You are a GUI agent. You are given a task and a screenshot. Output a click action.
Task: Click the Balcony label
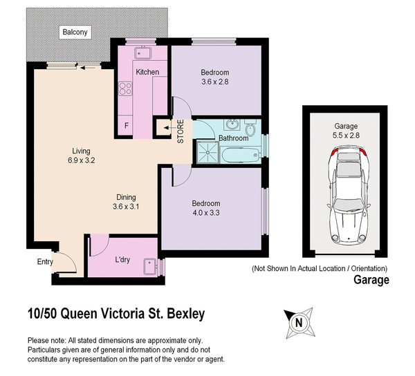pyautogui.click(x=73, y=31)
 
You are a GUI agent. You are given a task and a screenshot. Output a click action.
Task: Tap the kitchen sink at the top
pyautogui.click(x=145, y=53)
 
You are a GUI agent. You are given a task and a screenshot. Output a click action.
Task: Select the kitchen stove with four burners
pyautogui.click(x=126, y=88)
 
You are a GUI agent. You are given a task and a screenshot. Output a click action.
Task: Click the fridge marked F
pyautogui.click(x=126, y=126)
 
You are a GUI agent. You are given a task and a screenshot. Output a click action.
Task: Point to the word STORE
pyautogui.click(x=181, y=132)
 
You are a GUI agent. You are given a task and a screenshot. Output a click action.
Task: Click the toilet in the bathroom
pyautogui.click(x=250, y=129)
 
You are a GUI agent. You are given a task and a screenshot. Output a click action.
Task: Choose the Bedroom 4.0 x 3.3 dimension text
pyautogui.click(x=205, y=212)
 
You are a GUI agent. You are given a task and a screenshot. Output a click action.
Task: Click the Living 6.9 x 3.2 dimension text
pyautogui.click(x=82, y=161)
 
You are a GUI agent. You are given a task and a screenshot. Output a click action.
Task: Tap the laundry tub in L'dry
pyautogui.click(x=147, y=265)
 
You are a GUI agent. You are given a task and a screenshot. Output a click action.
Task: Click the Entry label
pyautogui.click(x=44, y=261)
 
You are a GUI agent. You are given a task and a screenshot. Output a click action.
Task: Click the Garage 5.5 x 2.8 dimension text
pyautogui.click(x=346, y=136)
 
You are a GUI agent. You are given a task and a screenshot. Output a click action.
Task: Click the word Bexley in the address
pyautogui.click(x=182, y=314)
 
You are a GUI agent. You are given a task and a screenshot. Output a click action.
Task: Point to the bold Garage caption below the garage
pyautogui.click(x=371, y=280)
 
